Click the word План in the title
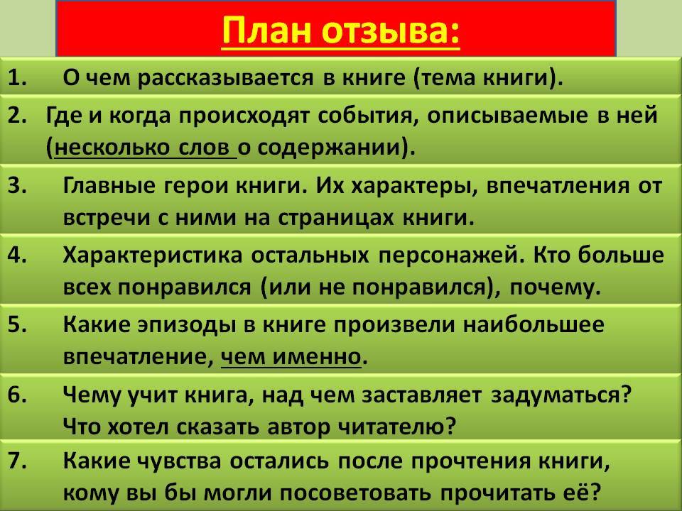pos(268,30)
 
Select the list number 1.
pos(17,78)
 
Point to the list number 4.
pos(17,255)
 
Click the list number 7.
pos(17,461)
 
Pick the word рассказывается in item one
pos(226,79)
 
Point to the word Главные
pos(109,187)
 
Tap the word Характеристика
pos(153,256)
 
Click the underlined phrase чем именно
pos(291,357)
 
